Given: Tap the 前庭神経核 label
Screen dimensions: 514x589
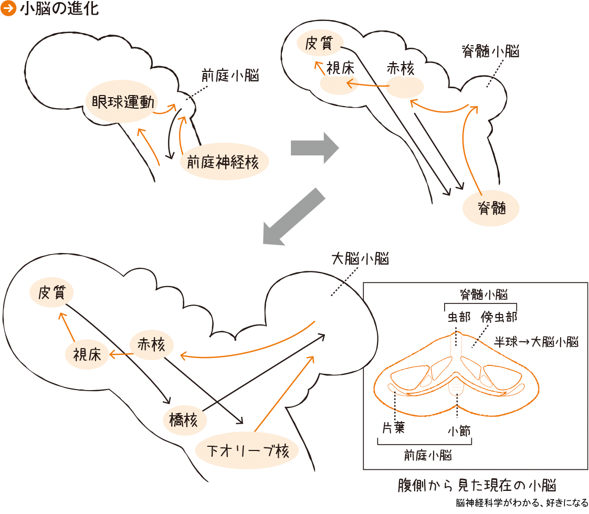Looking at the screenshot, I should point(224,162).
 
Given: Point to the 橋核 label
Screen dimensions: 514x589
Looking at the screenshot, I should point(183,421).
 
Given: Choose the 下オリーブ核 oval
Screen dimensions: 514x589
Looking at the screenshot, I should point(247,450).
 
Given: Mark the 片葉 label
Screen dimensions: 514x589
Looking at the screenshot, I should point(393,427).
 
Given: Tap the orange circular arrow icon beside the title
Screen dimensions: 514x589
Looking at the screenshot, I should point(8,9).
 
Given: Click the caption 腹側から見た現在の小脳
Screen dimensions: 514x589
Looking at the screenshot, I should point(477,484).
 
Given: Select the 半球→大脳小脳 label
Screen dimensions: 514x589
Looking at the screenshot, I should point(537,342).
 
